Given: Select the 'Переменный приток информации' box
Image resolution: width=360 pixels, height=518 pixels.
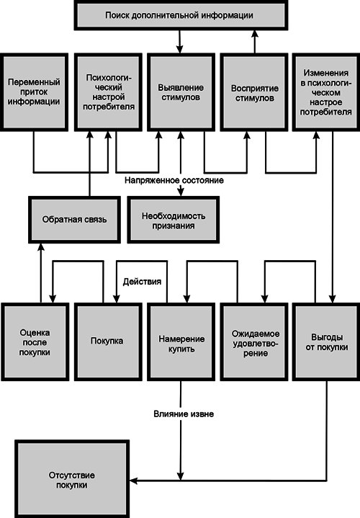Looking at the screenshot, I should (x=34, y=91).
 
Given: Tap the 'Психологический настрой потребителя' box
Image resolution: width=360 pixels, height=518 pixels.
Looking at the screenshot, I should (x=107, y=91).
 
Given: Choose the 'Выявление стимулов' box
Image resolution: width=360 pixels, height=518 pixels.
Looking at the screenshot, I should (x=179, y=91).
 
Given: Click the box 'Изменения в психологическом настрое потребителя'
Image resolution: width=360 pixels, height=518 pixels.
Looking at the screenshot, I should (x=325, y=91).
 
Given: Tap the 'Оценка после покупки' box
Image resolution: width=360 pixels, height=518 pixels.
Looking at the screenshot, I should (x=34, y=339).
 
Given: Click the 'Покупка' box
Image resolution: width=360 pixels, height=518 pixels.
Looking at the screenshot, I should (x=107, y=339).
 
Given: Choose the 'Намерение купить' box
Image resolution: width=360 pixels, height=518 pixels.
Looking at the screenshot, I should (x=179, y=339).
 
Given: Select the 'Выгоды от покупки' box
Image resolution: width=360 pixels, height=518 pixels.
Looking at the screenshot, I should (x=325, y=339).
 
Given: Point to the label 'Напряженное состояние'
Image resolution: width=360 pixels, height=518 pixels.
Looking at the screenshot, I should (x=173, y=179).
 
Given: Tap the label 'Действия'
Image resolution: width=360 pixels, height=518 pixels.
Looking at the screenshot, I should (x=142, y=280).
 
